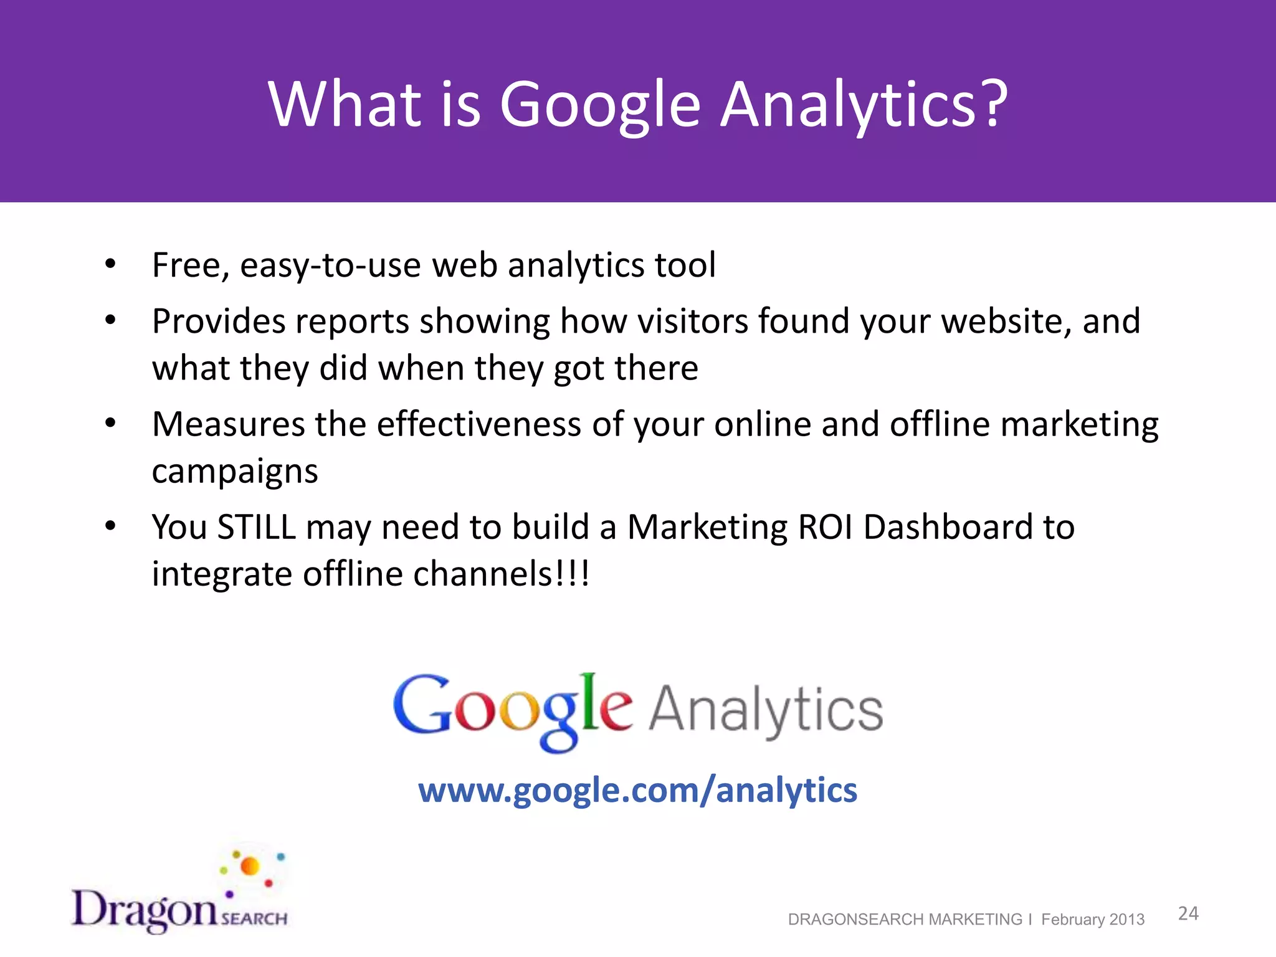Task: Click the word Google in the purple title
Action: click(x=600, y=106)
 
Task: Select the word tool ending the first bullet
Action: click(x=685, y=265)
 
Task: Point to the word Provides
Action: click(x=218, y=321)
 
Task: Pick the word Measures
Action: click(x=228, y=424)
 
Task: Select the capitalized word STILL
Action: click(x=256, y=527)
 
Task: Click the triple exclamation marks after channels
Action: click(x=573, y=574)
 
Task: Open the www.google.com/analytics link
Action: click(x=637, y=790)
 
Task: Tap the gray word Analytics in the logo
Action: click(x=766, y=710)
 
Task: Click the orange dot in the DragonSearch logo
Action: click(x=250, y=866)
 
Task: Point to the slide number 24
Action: click(x=1188, y=914)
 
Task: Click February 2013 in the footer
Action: click(x=1093, y=920)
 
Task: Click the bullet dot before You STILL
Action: click(x=110, y=526)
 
